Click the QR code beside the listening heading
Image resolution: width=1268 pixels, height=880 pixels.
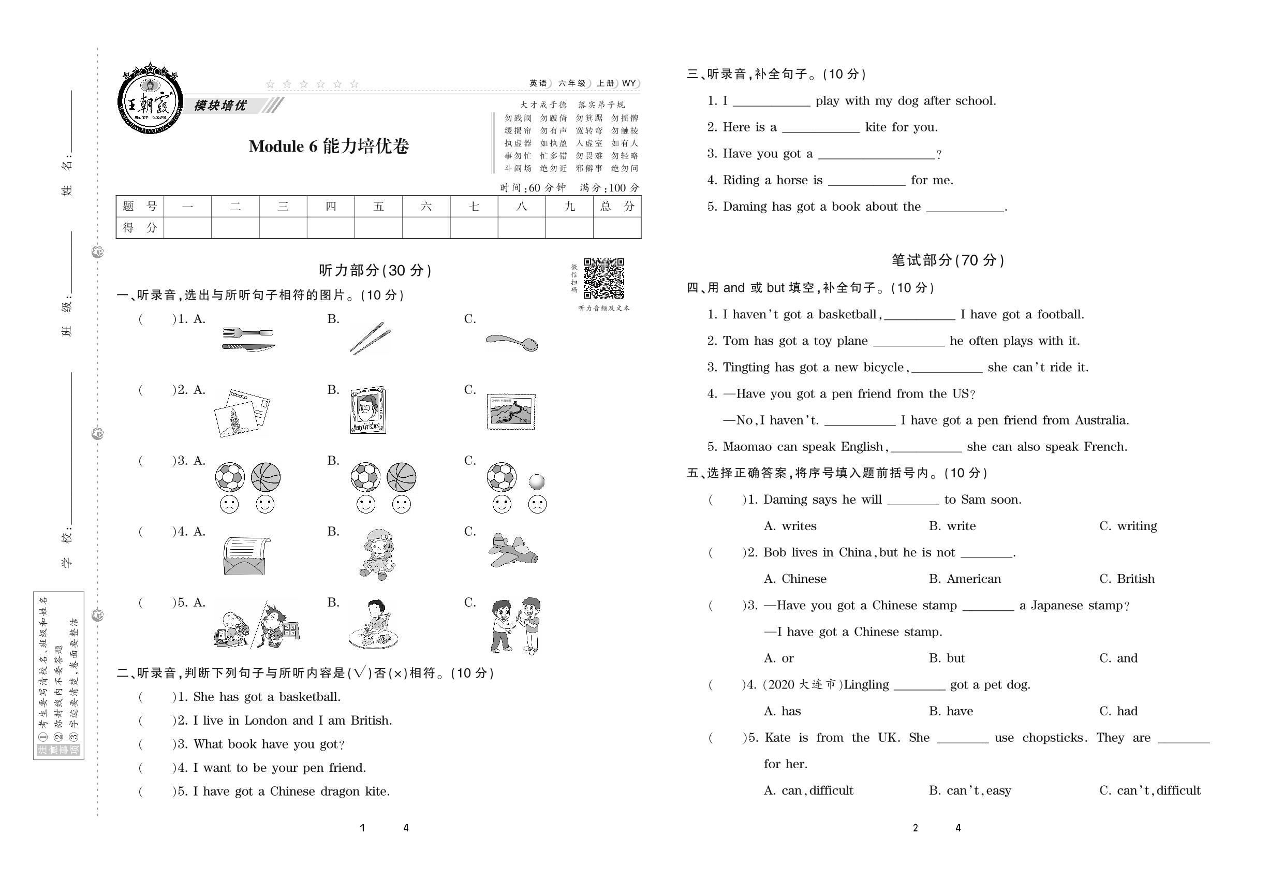[603, 278]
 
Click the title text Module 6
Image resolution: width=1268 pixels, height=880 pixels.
[284, 146]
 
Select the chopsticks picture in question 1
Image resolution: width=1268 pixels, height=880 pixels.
[370, 338]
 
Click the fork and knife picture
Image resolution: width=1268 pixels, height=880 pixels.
[248, 340]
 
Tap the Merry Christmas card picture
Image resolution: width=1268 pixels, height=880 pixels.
[367, 410]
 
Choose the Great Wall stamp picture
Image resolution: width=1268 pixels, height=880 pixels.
[511, 412]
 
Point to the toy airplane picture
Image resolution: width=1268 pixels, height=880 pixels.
[513, 550]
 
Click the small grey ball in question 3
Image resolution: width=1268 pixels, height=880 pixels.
[536, 482]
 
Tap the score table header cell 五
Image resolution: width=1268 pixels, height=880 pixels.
[378, 207]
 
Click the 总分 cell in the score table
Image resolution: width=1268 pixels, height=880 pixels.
[617, 207]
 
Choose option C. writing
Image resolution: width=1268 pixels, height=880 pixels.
[1128, 526]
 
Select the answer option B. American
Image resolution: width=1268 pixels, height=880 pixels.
[965, 579]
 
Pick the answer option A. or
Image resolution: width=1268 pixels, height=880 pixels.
[778, 658]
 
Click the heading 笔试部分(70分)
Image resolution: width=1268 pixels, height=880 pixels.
[948, 260]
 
